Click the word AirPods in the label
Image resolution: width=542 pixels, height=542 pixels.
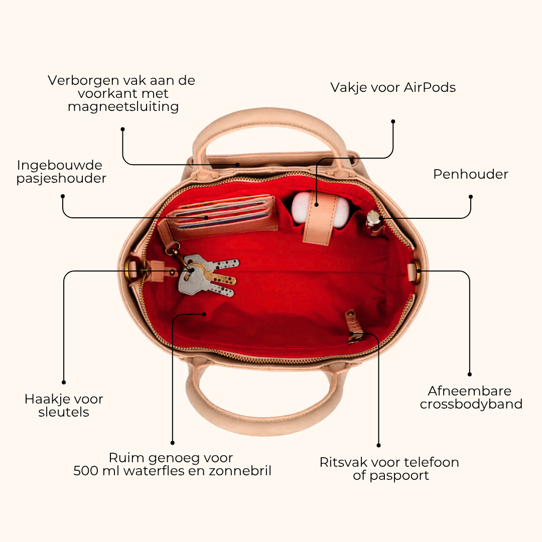pyautogui.click(x=430, y=87)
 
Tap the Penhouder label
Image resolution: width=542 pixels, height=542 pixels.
pyautogui.click(x=470, y=174)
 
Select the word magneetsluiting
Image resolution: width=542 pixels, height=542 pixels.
pyautogui.click(x=123, y=107)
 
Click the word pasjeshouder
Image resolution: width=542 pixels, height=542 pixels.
pyautogui.click(x=61, y=179)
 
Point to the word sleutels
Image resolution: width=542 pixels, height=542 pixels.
pyautogui.click(x=64, y=412)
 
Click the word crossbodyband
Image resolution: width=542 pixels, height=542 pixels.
pyautogui.click(x=471, y=404)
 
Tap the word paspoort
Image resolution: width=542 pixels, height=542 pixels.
pyautogui.click(x=399, y=476)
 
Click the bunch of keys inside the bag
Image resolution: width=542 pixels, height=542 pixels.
pyautogui.click(x=207, y=275)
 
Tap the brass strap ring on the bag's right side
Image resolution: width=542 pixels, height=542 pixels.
pyautogui.click(x=417, y=272)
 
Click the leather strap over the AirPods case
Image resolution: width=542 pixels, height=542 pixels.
pyautogui.click(x=321, y=217)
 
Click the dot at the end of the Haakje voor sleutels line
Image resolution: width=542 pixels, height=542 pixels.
pyautogui.click(x=64, y=382)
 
